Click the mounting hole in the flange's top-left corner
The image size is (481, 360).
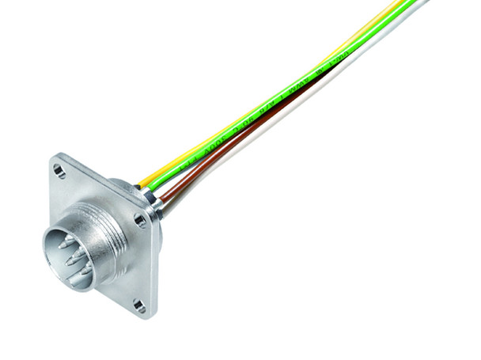[59, 169]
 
